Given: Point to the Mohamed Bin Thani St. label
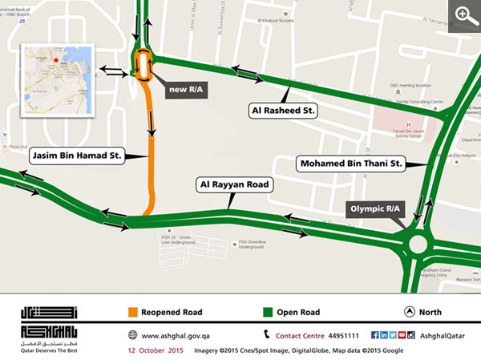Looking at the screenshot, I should pos(350,164).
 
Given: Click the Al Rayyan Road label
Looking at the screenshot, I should pos(236,184).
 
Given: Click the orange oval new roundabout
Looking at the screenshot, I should pos(144,64).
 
